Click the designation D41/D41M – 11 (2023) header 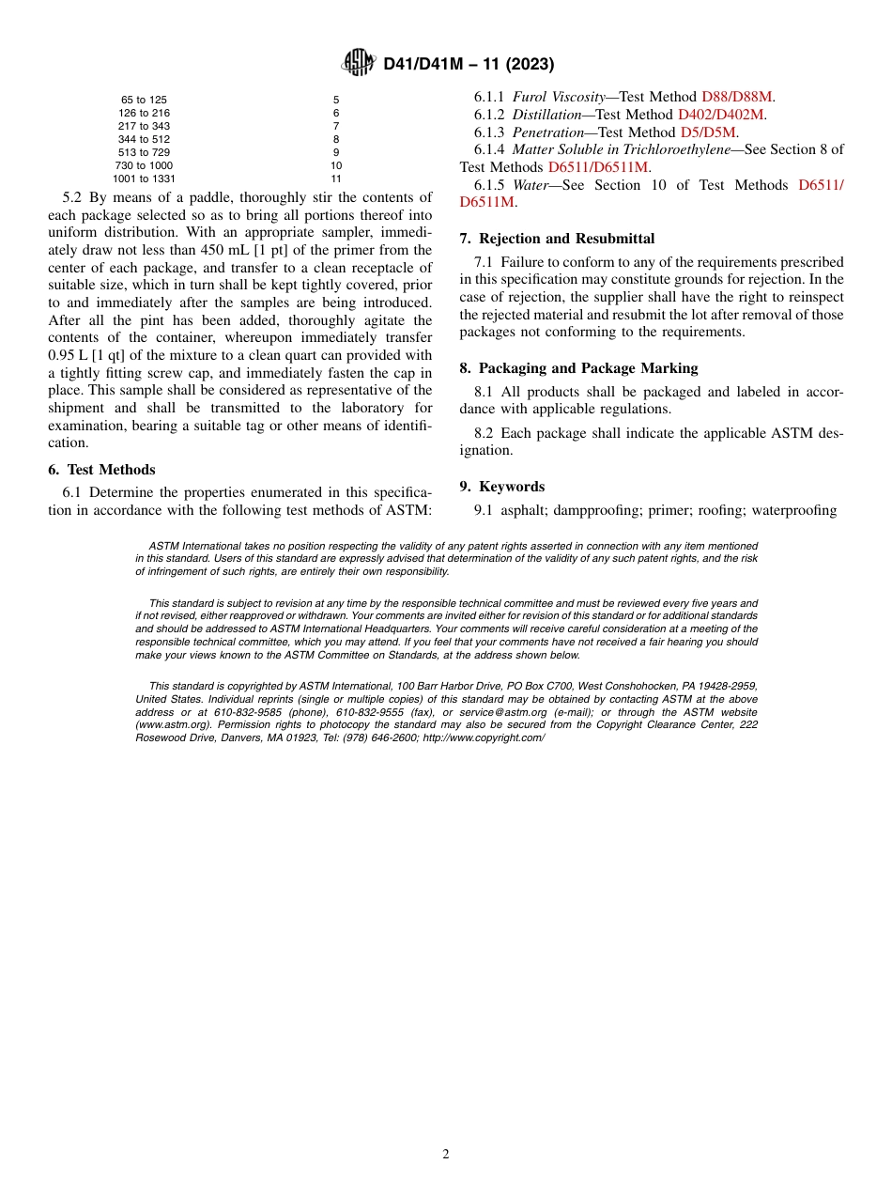pyautogui.click(x=469, y=65)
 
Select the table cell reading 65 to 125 pyautogui.click(x=144, y=100)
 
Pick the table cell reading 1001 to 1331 pyautogui.click(x=144, y=178)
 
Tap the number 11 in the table pyautogui.click(x=336, y=178)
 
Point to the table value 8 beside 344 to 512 pyautogui.click(x=336, y=139)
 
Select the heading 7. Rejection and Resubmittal pyautogui.click(x=557, y=239)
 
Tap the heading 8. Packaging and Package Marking pyautogui.click(x=578, y=368)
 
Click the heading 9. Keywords pyautogui.click(x=501, y=487)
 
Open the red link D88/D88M pyautogui.click(x=738, y=97)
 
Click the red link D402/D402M pyautogui.click(x=721, y=115)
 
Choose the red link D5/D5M pyautogui.click(x=708, y=132)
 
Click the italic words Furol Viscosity pyautogui.click(x=559, y=97)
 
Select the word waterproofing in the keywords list pyautogui.click(x=789, y=510)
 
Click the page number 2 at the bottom pyautogui.click(x=446, y=1155)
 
